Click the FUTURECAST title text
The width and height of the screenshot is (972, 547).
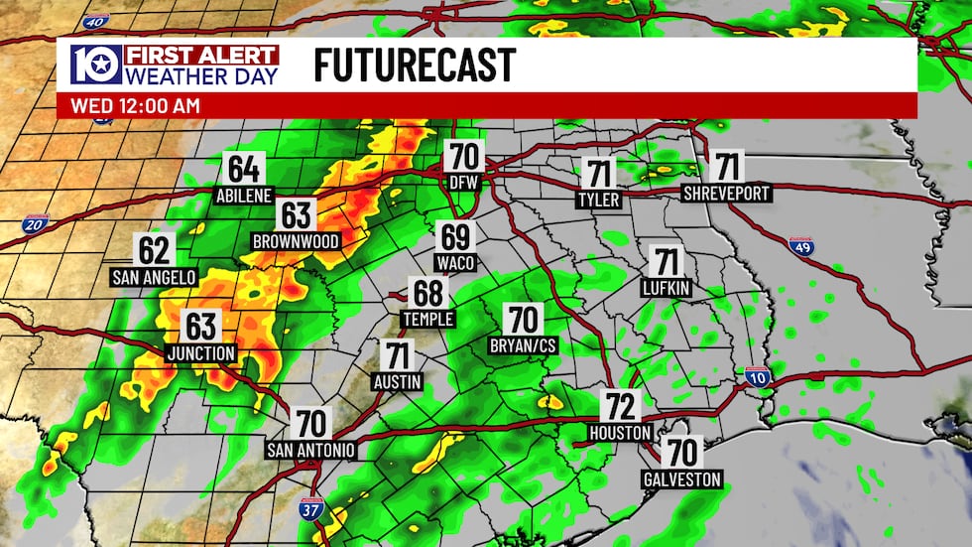(415, 66)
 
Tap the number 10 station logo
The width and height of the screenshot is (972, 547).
(95, 65)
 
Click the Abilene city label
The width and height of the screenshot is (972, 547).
(243, 196)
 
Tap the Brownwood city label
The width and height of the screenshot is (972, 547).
(296, 241)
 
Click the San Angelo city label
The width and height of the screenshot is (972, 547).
(154, 277)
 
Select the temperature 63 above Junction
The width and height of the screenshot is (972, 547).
(200, 326)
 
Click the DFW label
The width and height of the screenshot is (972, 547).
(461, 184)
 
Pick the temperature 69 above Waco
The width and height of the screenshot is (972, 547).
(455, 237)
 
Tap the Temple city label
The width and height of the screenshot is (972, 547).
(428, 319)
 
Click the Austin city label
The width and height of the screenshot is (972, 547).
(399, 381)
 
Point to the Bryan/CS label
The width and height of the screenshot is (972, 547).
(522, 345)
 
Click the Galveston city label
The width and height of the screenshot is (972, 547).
(680, 479)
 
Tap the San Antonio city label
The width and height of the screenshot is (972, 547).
(310, 450)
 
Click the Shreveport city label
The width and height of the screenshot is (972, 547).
(728, 193)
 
